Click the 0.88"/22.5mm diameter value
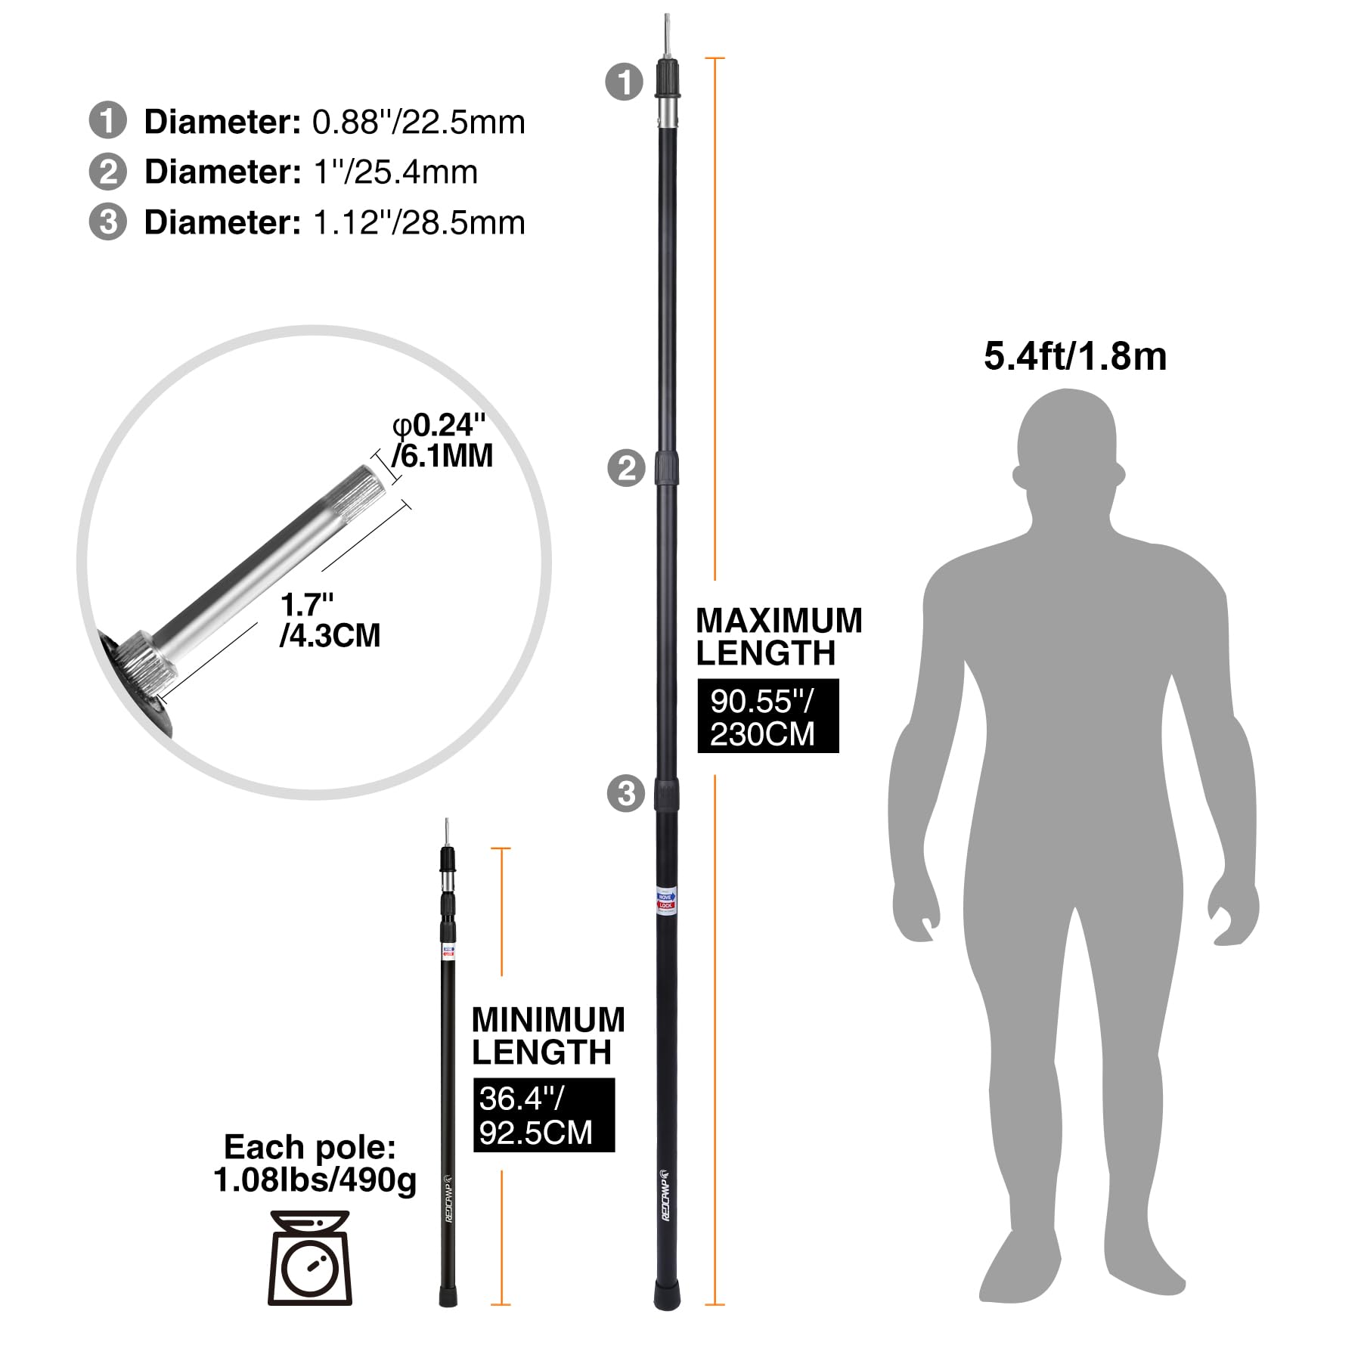[418, 122]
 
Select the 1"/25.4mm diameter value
[395, 172]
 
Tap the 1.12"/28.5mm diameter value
[418, 223]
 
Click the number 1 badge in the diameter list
[107, 122]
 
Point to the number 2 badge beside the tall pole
[626, 469]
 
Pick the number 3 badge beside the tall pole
[626, 794]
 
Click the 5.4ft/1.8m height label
[1074, 356]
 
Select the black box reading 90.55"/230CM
[767, 716]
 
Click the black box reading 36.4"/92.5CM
[544, 1115]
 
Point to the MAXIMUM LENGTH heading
[779, 637]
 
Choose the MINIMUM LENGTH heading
[548, 1036]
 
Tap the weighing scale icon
[310, 1258]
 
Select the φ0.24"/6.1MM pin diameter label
[442, 441]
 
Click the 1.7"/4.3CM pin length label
[330, 621]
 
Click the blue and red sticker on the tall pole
[665, 901]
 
